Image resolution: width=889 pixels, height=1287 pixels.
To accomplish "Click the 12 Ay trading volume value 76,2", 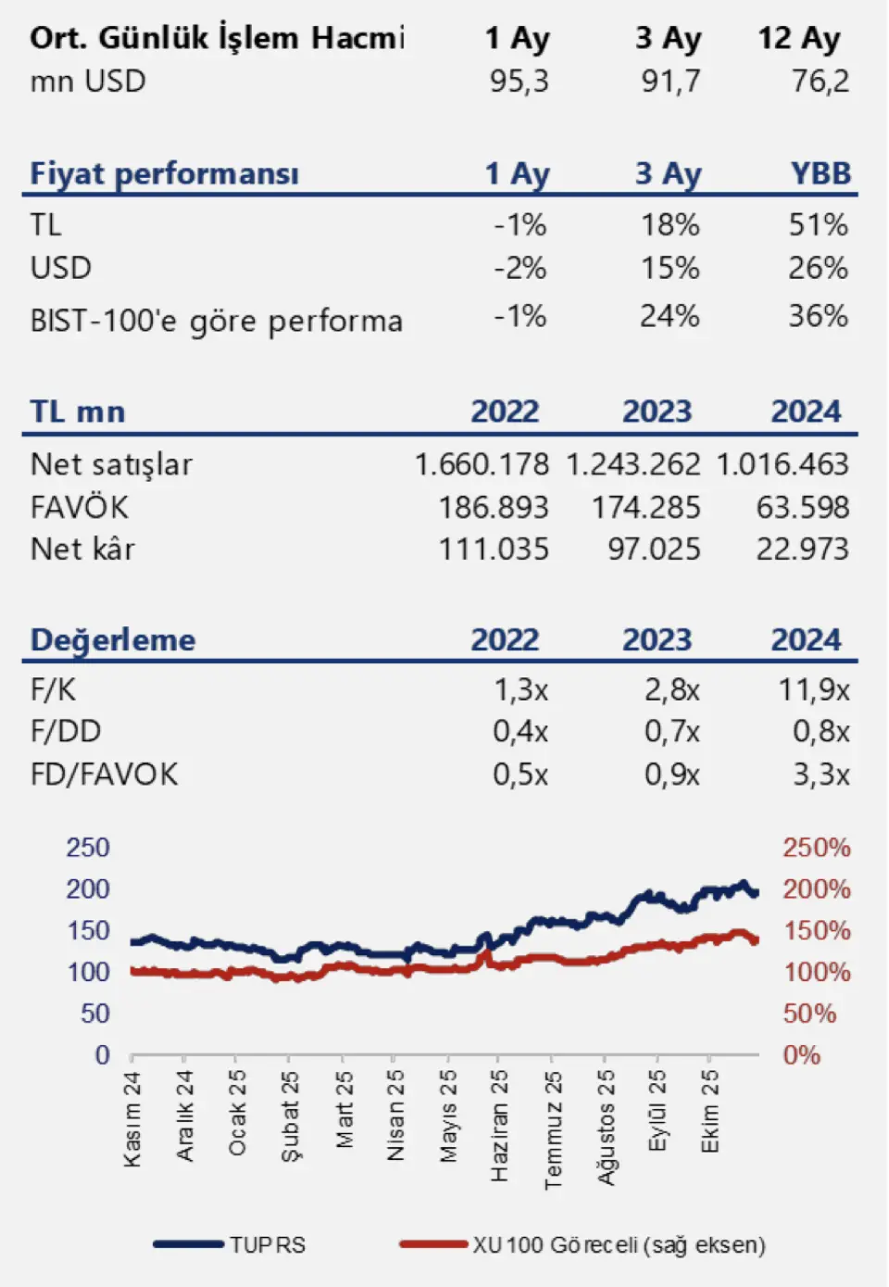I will pyautogui.click(x=820, y=82).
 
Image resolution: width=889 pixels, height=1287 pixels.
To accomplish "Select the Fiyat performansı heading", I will pyautogui.click(x=164, y=173).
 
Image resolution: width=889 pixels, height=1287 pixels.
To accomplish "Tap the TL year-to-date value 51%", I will pyautogui.click(x=818, y=225).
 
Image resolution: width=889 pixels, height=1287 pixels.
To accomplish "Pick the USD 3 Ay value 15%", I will pyautogui.click(x=670, y=269).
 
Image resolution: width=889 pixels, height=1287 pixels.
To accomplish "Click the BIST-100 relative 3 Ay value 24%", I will pyautogui.click(x=670, y=317).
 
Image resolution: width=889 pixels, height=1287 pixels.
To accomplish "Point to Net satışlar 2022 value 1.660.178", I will pyautogui.click(x=482, y=464).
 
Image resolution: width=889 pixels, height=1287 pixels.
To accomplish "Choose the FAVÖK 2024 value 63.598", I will pyautogui.click(x=802, y=508).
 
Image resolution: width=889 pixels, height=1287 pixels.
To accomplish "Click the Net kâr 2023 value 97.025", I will pyautogui.click(x=654, y=549).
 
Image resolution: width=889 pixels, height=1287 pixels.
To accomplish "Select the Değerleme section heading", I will pyautogui.click(x=113, y=640).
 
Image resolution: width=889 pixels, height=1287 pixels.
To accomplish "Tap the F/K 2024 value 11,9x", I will pyautogui.click(x=813, y=690).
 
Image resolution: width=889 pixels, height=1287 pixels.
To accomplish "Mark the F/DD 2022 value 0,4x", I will pyautogui.click(x=520, y=732).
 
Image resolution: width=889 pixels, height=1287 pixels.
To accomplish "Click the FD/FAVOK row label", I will pyautogui.click(x=104, y=775).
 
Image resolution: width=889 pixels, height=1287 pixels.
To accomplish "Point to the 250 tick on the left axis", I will pyautogui.click(x=87, y=848).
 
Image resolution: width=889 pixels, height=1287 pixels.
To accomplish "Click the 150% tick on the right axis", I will pyautogui.click(x=816, y=930).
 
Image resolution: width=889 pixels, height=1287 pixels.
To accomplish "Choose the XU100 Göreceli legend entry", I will pyautogui.click(x=619, y=1244).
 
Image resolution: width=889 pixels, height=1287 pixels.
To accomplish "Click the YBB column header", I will pyautogui.click(x=820, y=173).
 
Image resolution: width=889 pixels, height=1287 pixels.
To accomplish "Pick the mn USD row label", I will pyautogui.click(x=88, y=82).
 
